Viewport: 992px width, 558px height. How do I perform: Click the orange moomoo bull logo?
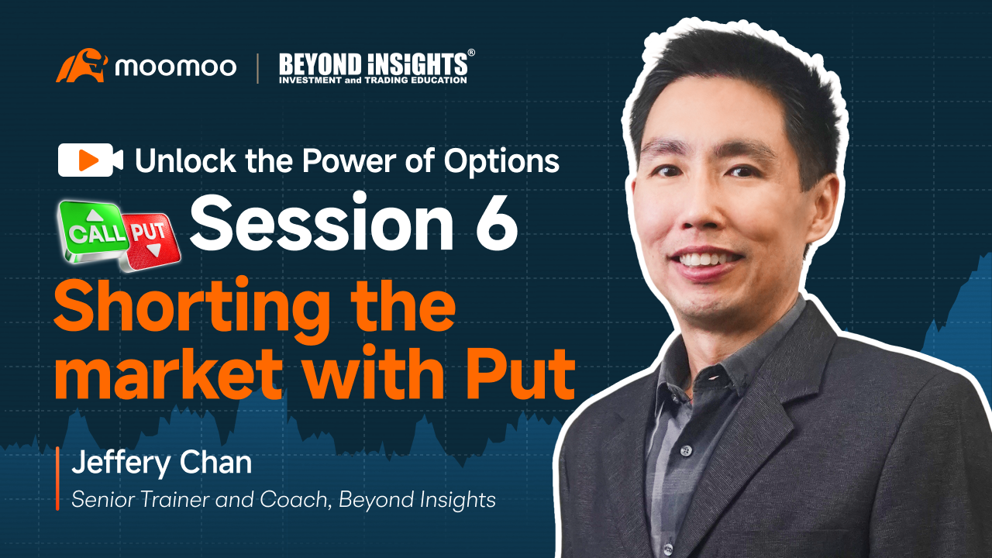[x=81, y=66]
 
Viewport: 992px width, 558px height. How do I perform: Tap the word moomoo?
[x=176, y=67]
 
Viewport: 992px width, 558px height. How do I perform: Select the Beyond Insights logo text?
[x=373, y=68]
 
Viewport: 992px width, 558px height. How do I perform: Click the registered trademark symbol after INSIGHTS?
[x=471, y=53]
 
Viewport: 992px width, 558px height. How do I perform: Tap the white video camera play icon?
[x=91, y=160]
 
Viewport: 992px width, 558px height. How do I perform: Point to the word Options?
[x=501, y=162]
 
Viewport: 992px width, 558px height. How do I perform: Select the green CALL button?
[x=95, y=231]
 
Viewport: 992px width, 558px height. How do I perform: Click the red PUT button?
[x=150, y=240]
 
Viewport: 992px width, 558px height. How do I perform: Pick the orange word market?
[x=168, y=374]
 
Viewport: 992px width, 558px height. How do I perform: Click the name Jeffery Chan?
[x=162, y=463]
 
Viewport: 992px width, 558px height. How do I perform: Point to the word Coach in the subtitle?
[x=294, y=500]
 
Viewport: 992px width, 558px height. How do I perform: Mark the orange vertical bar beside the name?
[x=57, y=479]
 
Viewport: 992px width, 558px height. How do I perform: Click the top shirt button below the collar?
[x=687, y=451]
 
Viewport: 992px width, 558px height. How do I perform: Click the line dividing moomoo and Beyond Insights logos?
[x=258, y=68]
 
